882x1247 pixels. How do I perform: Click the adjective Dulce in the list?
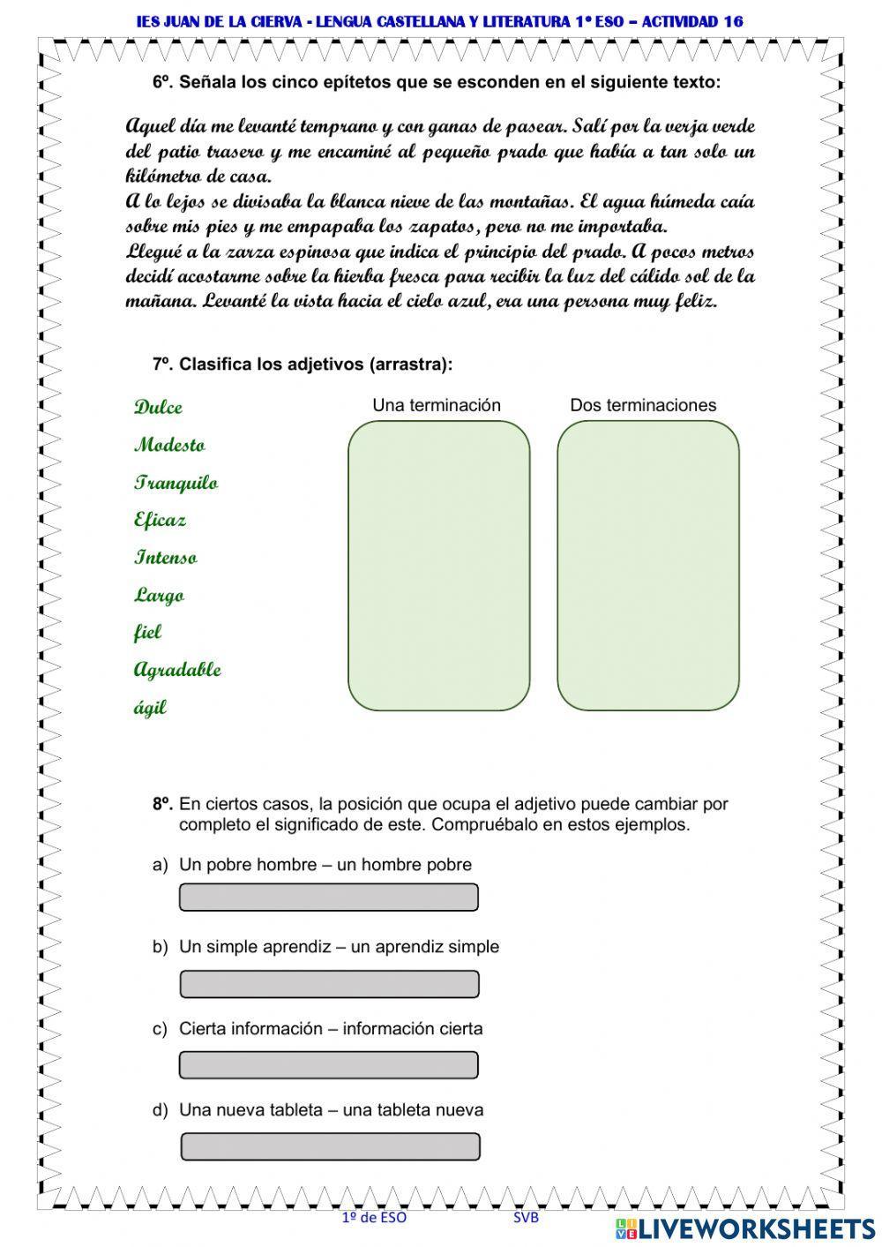pos(159,407)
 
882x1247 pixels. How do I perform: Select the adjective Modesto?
pos(169,445)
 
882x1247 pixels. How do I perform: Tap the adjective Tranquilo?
pos(176,483)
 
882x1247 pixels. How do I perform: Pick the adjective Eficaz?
pos(160,520)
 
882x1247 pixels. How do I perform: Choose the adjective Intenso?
pos(166,558)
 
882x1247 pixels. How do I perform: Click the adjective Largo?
pos(159,595)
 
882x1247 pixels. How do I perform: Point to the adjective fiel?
pos(147,632)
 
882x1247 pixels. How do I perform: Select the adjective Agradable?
pos(177,670)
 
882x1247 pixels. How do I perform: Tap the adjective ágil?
pos(150,708)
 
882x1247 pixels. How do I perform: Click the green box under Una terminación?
pos(438,565)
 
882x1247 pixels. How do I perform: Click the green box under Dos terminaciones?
pos(647,565)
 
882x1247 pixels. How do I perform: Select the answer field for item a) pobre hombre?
pos(329,898)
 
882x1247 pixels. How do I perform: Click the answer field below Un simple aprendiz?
pos(329,984)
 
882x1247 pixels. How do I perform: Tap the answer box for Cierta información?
pos(329,1065)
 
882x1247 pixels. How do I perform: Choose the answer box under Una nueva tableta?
pos(330,1146)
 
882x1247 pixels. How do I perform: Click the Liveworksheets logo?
pos(745,1228)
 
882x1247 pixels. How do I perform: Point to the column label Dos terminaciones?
pos(643,405)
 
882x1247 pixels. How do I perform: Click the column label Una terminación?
pos(437,405)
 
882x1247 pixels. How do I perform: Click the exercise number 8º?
pos(162,804)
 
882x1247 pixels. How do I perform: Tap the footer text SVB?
pos(526,1217)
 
